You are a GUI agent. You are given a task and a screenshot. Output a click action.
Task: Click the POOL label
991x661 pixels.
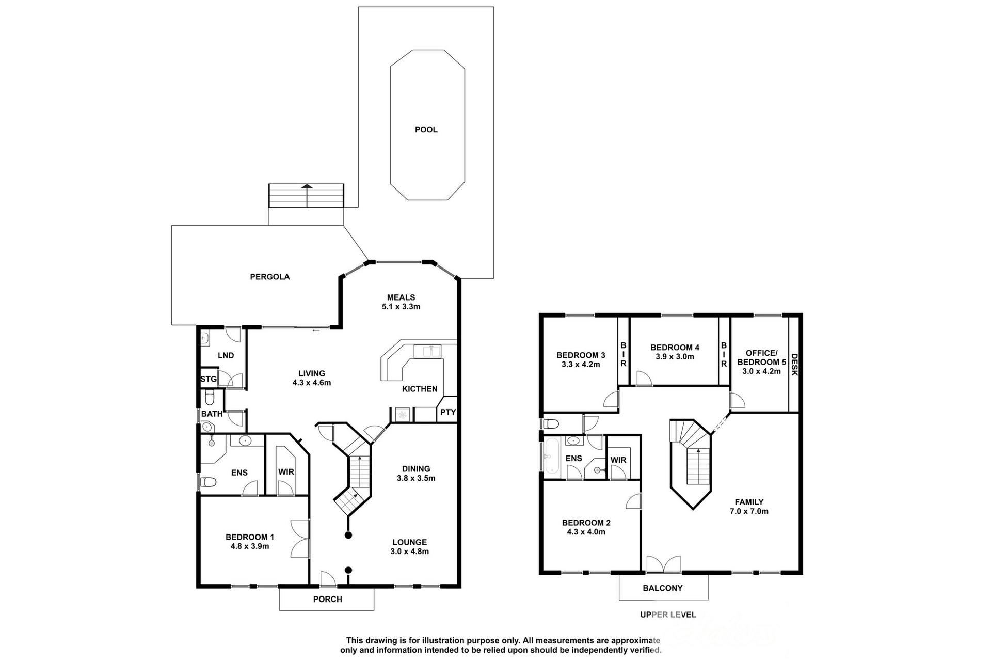[x=426, y=130]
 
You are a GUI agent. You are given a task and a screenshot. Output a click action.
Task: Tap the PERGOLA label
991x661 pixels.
[x=269, y=277]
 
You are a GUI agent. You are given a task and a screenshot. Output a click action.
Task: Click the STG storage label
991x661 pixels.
[x=209, y=379]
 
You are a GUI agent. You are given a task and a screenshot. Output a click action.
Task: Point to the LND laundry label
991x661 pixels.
[x=226, y=355]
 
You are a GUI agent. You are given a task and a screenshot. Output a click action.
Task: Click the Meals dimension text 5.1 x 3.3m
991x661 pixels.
[x=401, y=307]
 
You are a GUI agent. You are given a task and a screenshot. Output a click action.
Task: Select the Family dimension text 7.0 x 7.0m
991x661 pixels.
[x=749, y=511]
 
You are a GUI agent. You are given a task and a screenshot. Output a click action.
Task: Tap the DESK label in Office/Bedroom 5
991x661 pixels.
[x=794, y=365]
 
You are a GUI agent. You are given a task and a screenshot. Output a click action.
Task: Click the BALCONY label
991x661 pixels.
[x=663, y=588]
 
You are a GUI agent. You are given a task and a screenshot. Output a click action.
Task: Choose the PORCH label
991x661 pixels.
[x=327, y=599]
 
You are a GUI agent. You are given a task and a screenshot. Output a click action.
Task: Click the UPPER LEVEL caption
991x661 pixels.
[x=668, y=615]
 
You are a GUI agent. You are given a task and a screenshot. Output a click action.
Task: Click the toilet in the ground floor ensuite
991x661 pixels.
[x=208, y=482]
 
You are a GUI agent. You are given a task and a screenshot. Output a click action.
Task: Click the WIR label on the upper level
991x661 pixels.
[x=618, y=460]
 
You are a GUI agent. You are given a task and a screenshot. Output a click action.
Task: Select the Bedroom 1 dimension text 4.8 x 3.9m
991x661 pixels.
[x=249, y=546]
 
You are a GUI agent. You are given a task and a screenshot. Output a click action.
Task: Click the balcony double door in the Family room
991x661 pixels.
[x=664, y=563]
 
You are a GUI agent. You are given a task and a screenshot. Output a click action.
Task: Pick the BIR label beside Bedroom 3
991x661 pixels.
[x=623, y=354]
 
